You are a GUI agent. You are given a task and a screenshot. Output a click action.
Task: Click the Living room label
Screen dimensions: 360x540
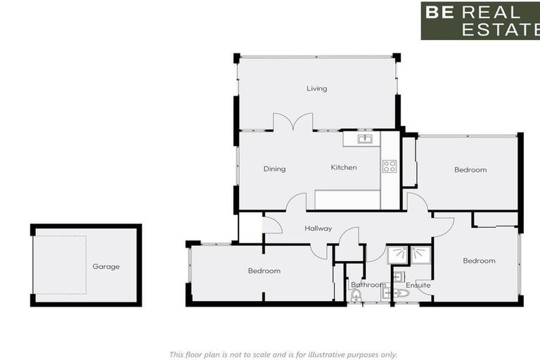click(316, 89)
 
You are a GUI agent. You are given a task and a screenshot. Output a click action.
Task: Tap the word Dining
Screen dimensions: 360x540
click(274, 169)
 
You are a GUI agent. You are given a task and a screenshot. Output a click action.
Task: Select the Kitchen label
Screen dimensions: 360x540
click(344, 167)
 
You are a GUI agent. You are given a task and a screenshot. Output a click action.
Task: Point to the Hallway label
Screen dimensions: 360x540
click(318, 229)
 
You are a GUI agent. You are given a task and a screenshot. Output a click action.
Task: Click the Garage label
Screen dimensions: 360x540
click(105, 266)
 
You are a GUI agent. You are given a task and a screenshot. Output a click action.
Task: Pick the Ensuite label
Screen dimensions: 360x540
click(418, 285)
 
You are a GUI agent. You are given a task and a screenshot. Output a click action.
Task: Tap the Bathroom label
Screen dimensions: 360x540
click(368, 285)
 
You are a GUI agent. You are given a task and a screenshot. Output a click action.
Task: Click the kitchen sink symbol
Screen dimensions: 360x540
click(364, 139)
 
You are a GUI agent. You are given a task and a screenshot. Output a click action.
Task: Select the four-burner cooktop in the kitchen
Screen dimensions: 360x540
click(389, 167)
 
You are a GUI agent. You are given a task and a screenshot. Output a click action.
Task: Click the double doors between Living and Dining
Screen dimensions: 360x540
click(292, 123)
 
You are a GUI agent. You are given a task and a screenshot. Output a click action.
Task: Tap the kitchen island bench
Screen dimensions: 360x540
click(347, 200)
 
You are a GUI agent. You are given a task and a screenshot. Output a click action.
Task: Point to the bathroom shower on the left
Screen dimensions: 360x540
click(397, 255)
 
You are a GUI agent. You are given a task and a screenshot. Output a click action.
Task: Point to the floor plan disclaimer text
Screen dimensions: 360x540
click(283, 354)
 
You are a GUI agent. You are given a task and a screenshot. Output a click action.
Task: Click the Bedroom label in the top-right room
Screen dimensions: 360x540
click(470, 169)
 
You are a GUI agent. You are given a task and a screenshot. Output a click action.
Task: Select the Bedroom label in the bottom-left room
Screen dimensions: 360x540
click(264, 271)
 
